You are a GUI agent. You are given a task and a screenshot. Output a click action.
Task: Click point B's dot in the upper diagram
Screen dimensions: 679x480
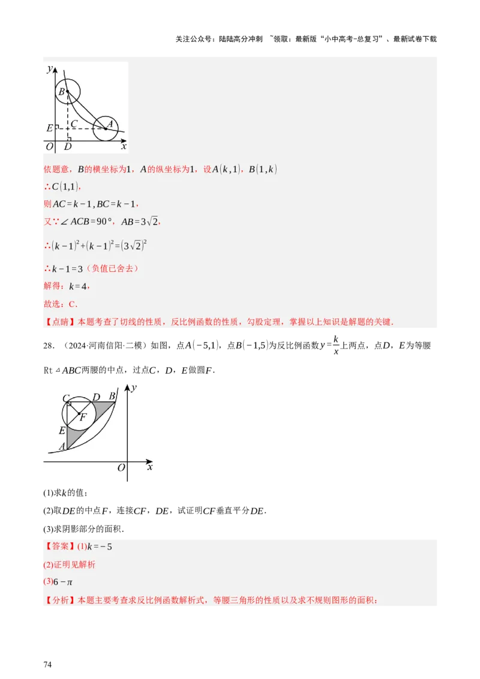click(67, 92)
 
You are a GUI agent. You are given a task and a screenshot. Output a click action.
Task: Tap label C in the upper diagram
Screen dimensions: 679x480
click(74, 124)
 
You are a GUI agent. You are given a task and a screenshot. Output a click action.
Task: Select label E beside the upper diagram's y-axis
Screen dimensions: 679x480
click(49, 128)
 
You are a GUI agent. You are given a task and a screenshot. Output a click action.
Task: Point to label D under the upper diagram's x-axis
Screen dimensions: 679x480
click(67, 146)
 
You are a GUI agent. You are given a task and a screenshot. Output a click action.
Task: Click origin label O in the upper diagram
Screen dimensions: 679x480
click(49, 146)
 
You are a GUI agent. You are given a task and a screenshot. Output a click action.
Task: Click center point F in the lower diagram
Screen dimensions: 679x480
click(79, 414)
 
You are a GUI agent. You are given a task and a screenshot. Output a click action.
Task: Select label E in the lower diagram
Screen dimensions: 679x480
click(62, 431)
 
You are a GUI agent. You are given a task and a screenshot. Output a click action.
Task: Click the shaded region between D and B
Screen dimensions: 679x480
click(105, 408)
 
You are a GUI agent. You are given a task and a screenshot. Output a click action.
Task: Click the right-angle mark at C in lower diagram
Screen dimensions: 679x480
click(69, 404)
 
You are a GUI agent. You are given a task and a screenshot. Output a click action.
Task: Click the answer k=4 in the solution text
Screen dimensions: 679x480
click(78, 287)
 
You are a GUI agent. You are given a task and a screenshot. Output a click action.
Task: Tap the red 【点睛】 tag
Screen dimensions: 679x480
click(57, 322)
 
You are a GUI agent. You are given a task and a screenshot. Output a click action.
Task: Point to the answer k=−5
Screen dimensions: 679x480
click(100, 546)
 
